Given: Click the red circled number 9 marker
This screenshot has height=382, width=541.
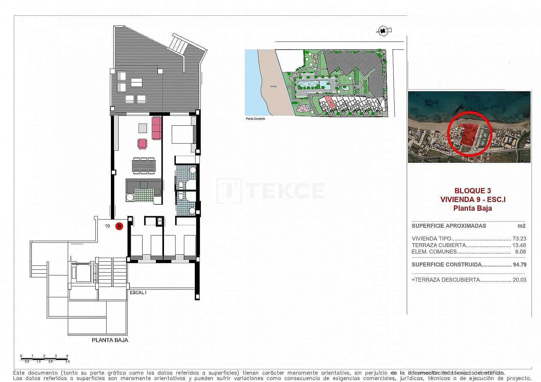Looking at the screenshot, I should click(x=119, y=226).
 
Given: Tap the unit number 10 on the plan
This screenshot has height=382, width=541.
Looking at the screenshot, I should click(x=107, y=226).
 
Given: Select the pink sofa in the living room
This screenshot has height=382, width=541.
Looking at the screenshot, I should click(x=156, y=128).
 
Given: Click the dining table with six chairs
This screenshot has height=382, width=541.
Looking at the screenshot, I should click(x=144, y=165).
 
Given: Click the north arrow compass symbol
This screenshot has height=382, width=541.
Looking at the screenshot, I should click(x=383, y=31).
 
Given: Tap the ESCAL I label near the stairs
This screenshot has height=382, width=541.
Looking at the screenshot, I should click(x=138, y=292).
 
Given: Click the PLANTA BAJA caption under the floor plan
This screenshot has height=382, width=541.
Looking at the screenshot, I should click(x=110, y=340).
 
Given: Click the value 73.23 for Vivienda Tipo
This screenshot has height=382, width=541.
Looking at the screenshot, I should click(x=519, y=238).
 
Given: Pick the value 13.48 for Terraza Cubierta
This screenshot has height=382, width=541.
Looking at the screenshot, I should click(x=519, y=245).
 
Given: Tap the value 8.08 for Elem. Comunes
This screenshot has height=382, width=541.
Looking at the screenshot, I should click(x=521, y=252).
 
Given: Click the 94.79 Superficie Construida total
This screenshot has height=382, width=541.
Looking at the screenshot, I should click(x=519, y=264).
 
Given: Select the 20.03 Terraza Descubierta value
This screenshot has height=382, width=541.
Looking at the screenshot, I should click(x=519, y=280).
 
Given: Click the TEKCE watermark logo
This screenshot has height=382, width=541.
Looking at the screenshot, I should click(x=270, y=190).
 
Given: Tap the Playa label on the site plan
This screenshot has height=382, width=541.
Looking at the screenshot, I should click(x=273, y=86).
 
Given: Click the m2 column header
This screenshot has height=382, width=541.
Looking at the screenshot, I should click(x=522, y=226).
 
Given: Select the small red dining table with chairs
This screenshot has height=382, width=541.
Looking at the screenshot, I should click(x=142, y=144).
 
